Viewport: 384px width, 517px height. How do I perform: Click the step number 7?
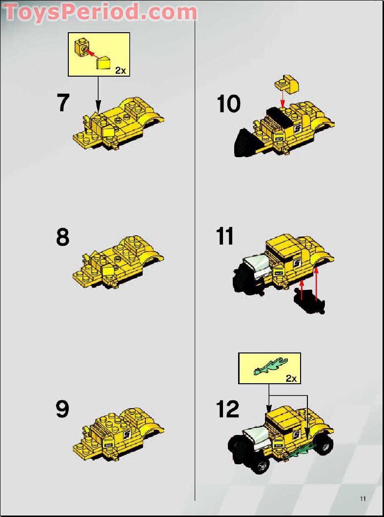pyautogui.click(x=63, y=103)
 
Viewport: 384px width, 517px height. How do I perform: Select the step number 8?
pyautogui.click(x=63, y=237)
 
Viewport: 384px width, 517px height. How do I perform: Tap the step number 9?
pyautogui.click(x=62, y=409)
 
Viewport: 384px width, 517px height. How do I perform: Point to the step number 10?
pyautogui.click(x=229, y=104)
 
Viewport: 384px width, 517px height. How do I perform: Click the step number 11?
pyautogui.click(x=225, y=236)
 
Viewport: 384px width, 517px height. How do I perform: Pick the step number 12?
pyautogui.click(x=228, y=409)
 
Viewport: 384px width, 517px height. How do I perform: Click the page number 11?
pyautogui.click(x=363, y=498)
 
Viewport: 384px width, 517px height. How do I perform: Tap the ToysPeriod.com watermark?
pyautogui.click(x=100, y=12)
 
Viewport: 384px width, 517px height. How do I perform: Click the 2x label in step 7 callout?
pyautogui.click(x=121, y=71)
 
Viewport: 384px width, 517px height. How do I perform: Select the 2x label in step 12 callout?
pyautogui.click(x=291, y=378)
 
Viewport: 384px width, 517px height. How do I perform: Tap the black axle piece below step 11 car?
pyautogui.click(x=309, y=300)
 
